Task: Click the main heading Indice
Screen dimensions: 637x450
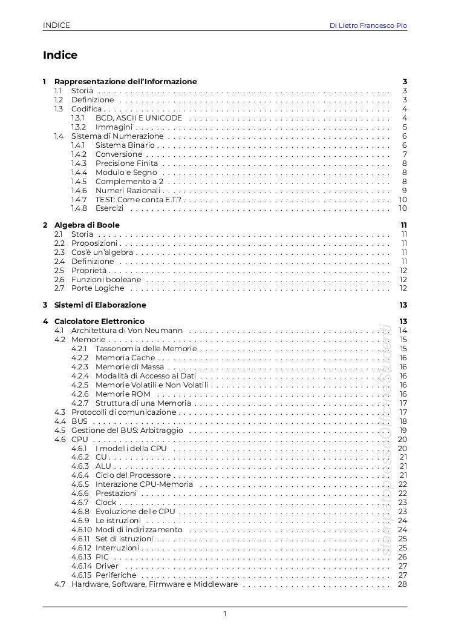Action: (x=60, y=55)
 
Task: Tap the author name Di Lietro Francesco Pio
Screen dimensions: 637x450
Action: (x=368, y=25)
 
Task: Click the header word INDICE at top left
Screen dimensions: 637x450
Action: (x=56, y=25)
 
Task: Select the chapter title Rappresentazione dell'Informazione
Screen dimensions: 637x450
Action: (x=125, y=81)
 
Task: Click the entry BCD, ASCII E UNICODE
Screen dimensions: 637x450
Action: (x=139, y=117)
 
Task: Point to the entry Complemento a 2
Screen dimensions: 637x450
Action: (x=129, y=181)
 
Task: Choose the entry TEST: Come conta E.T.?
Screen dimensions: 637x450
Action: (x=139, y=199)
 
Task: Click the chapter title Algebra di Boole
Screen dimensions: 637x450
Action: (x=87, y=225)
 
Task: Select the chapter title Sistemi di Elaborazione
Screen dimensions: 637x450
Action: (x=100, y=305)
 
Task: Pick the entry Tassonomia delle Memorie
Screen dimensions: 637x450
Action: (x=146, y=348)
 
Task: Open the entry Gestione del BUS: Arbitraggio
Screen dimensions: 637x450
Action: (x=127, y=430)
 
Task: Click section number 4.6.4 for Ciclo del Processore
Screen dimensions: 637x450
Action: (x=80, y=475)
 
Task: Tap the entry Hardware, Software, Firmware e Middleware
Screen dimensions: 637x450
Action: (x=154, y=584)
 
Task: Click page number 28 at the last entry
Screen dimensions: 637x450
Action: (x=402, y=584)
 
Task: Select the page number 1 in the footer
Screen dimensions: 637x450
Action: (x=225, y=613)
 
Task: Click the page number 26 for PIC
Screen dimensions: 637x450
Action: (x=402, y=557)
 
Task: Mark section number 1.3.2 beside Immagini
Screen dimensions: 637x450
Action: (x=79, y=127)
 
